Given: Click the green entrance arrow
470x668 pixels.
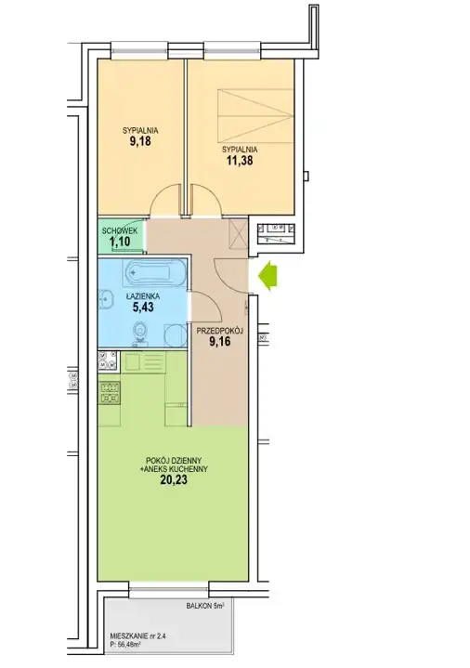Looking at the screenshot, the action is [x=268, y=277].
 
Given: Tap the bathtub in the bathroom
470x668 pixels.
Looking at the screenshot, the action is [x=154, y=272].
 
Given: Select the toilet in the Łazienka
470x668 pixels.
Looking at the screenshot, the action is [x=139, y=333].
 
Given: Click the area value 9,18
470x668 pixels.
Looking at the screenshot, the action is [x=140, y=141].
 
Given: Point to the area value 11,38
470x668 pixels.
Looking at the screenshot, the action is [x=239, y=160].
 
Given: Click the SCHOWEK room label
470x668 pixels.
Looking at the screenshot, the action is [x=120, y=231].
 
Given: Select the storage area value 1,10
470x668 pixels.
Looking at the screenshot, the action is [x=120, y=242].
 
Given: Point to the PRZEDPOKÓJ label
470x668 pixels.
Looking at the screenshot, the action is [x=219, y=330].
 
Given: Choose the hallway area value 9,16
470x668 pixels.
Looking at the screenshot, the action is [x=220, y=341].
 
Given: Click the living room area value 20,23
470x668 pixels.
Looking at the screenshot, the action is [x=174, y=480].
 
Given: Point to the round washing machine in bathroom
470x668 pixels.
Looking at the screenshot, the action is [x=176, y=335].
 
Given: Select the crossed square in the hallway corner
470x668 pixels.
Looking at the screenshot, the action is [x=239, y=234].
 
